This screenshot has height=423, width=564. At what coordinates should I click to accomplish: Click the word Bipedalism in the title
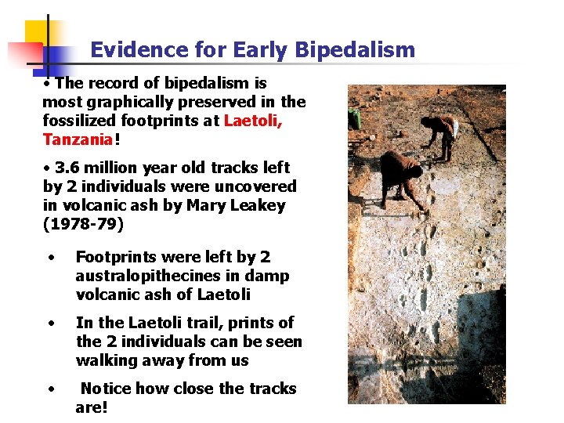[355, 51]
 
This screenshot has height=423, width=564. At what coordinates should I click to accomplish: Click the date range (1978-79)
[83, 224]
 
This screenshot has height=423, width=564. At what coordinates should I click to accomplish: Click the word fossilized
[78, 121]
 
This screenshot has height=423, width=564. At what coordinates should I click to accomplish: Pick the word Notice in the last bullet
[110, 389]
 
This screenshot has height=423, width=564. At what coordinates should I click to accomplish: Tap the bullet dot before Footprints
[51, 258]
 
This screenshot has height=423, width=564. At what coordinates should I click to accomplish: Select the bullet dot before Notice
[51, 389]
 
